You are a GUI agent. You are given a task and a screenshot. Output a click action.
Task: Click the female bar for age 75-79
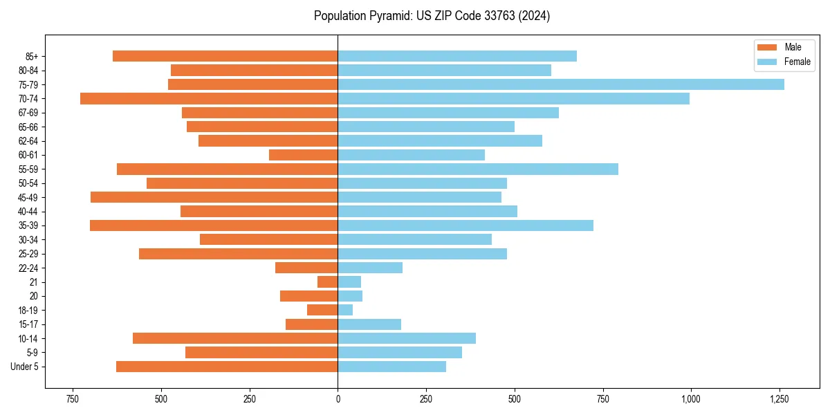tap(560, 84)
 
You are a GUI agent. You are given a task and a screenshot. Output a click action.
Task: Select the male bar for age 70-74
tap(209, 99)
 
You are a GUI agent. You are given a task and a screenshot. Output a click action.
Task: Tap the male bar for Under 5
tap(227, 367)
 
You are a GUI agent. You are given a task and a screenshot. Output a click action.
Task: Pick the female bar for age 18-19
tap(345, 310)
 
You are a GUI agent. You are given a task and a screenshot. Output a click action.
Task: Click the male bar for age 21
tap(328, 282)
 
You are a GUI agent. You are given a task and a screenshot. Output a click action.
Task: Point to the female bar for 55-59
tap(477, 169)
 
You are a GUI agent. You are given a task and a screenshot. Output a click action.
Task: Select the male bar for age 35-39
tap(214, 225)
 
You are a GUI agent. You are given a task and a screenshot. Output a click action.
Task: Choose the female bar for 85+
tap(456, 56)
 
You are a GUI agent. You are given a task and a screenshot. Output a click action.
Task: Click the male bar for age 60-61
tap(304, 155)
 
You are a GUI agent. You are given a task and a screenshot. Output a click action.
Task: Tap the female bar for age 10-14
tap(407, 338)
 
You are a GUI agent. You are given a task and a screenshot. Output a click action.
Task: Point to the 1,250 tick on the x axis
tap(779, 399)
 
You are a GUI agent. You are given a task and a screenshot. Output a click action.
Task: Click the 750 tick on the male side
tap(72, 399)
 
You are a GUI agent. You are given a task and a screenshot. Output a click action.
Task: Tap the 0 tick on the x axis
tap(338, 399)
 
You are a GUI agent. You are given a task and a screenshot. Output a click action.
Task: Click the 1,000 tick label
tap(690, 399)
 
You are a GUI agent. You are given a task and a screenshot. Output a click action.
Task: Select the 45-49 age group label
tap(28, 198)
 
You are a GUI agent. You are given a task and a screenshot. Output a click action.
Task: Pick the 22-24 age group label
tap(28, 268)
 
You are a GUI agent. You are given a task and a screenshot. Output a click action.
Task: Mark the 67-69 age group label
tap(28, 113)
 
